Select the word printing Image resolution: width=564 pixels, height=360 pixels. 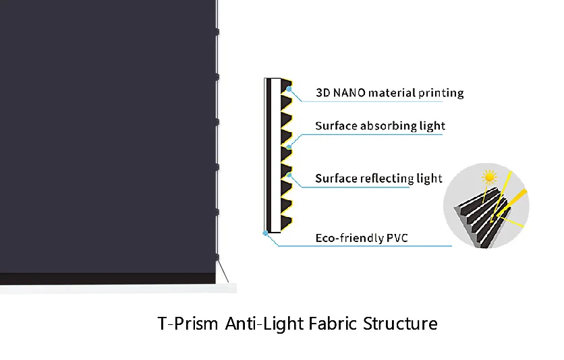441,93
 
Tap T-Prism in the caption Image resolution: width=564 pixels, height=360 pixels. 187,324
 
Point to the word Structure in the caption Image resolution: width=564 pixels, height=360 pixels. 400,324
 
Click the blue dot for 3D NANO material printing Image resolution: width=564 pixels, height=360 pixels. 289,89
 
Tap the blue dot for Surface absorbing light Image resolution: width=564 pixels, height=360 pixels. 289,146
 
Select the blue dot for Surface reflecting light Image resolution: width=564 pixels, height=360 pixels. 289,175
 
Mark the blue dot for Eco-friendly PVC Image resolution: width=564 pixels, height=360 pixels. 266,233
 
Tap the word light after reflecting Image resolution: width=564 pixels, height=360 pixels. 429,179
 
